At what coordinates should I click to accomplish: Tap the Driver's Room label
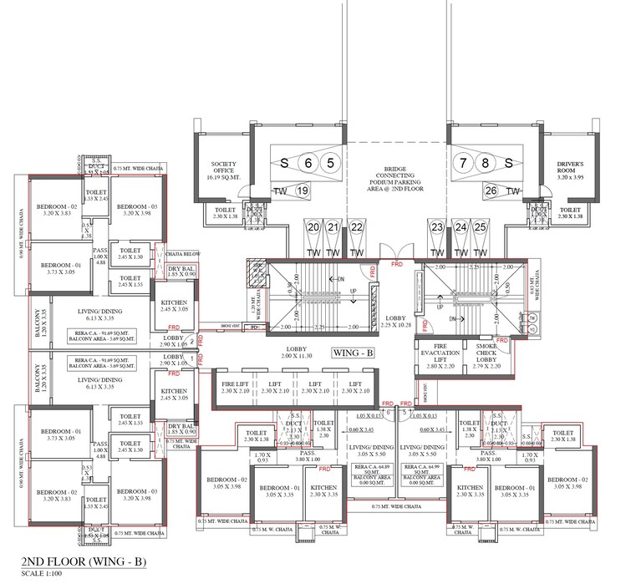(575, 168)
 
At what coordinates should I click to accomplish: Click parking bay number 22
(356, 227)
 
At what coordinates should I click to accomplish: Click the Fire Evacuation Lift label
(438, 353)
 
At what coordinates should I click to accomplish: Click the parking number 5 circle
(331, 163)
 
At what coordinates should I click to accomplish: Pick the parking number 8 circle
(484, 163)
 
